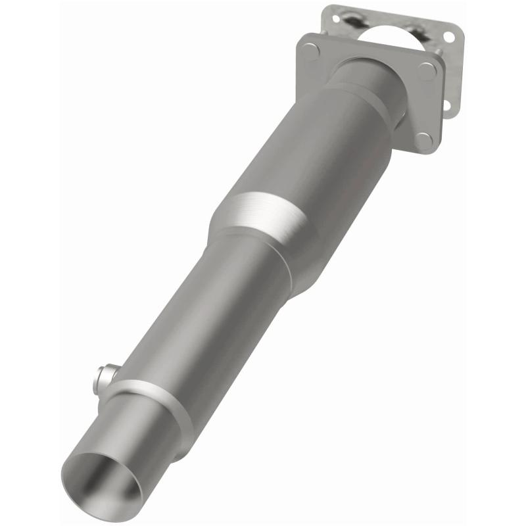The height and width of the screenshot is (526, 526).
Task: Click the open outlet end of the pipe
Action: click(105, 477)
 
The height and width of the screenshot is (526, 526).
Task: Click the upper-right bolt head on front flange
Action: click(427, 71)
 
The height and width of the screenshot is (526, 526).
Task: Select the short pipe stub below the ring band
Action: click(131, 441)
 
